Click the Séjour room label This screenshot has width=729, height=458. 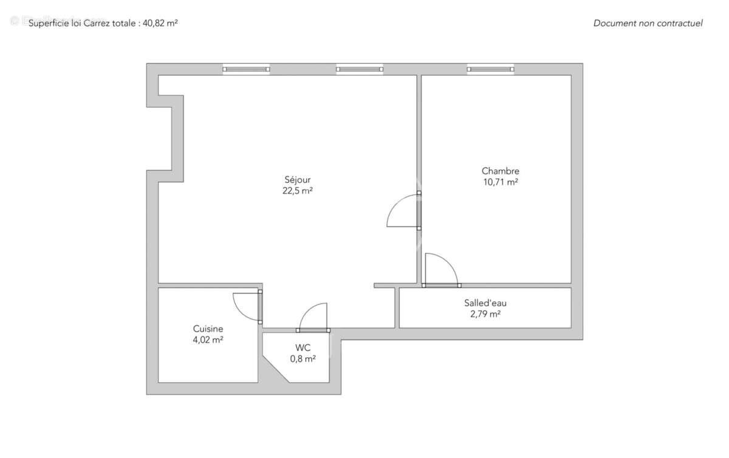pyautogui.click(x=298, y=180)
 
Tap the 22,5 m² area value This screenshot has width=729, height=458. pyautogui.click(x=298, y=191)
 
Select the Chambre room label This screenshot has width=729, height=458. pyautogui.click(x=501, y=171)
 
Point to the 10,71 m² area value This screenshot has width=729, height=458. pyautogui.click(x=501, y=182)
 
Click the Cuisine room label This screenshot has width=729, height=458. pyautogui.click(x=208, y=329)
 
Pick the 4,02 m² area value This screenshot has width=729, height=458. pyautogui.click(x=208, y=340)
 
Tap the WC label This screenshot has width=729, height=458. pyautogui.click(x=303, y=347)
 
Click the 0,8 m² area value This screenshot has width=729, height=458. pyautogui.click(x=303, y=358)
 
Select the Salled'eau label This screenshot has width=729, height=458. pyautogui.click(x=485, y=302)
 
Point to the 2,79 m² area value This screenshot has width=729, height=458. pyautogui.click(x=485, y=314)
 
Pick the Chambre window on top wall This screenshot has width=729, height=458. pyautogui.click(x=490, y=69)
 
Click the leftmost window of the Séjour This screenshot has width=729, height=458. pyautogui.click(x=246, y=69)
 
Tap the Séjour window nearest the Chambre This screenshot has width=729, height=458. pyautogui.click(x=360, y=69)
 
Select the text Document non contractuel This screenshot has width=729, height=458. pyautogui.click(x=648, y=23)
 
